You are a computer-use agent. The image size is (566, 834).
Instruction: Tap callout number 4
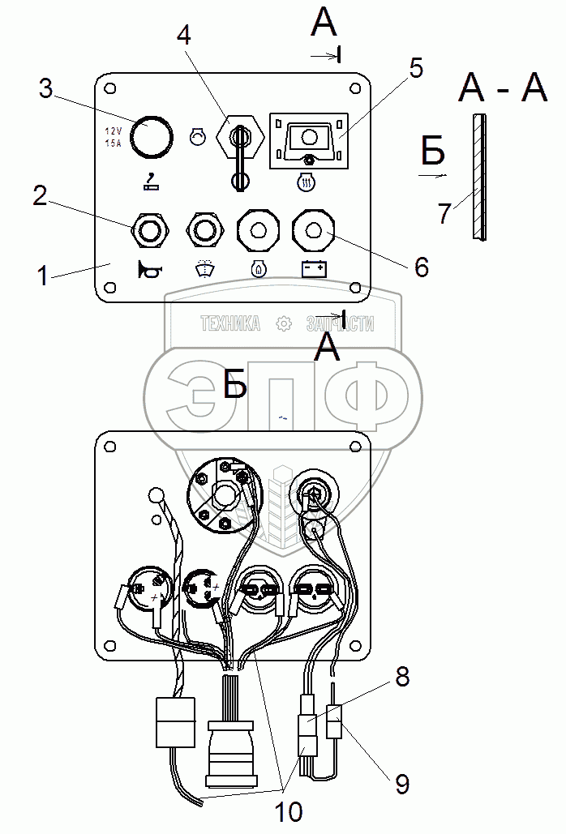pyautogui.click(x=185, y=36)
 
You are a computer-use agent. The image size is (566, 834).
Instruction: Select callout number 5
pyautogui.click(x=416, y=69)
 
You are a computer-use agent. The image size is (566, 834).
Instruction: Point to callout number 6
pyautogui.click(x=421, y=267)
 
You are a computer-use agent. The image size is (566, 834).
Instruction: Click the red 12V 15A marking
pyautogui.click(x=113, y=137)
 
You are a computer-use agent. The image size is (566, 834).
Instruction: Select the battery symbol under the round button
pyautogui.click(x=313, y=268)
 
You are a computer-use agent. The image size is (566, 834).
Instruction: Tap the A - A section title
pyautogui.click(x=503, y=88)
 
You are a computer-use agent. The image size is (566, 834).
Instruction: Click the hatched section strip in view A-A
pyautogui.click(x=478, y=176)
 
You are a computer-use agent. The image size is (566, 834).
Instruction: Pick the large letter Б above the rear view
pyautogui.click(x=234, y=386)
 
